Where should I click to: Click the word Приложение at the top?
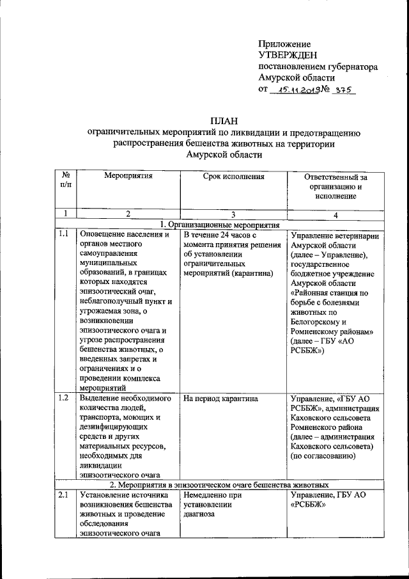[284, 44]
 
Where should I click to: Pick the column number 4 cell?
[336, 214]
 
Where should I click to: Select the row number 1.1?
[63, 235]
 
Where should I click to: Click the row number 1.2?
[63, 398]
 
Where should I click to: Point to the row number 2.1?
[63, 495]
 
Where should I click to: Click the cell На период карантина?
[220, 398]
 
